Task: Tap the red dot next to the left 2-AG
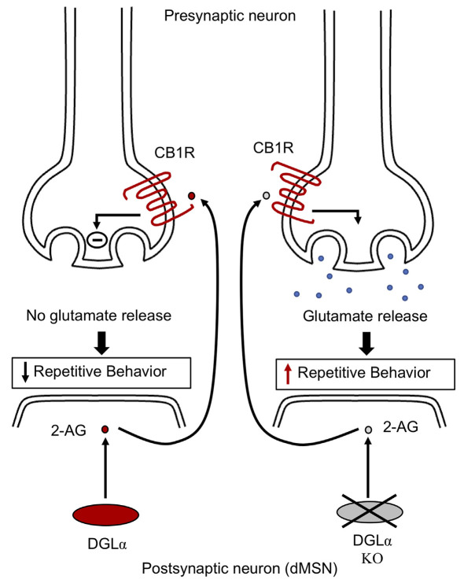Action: pyautogui.click(x=105, y=430)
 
